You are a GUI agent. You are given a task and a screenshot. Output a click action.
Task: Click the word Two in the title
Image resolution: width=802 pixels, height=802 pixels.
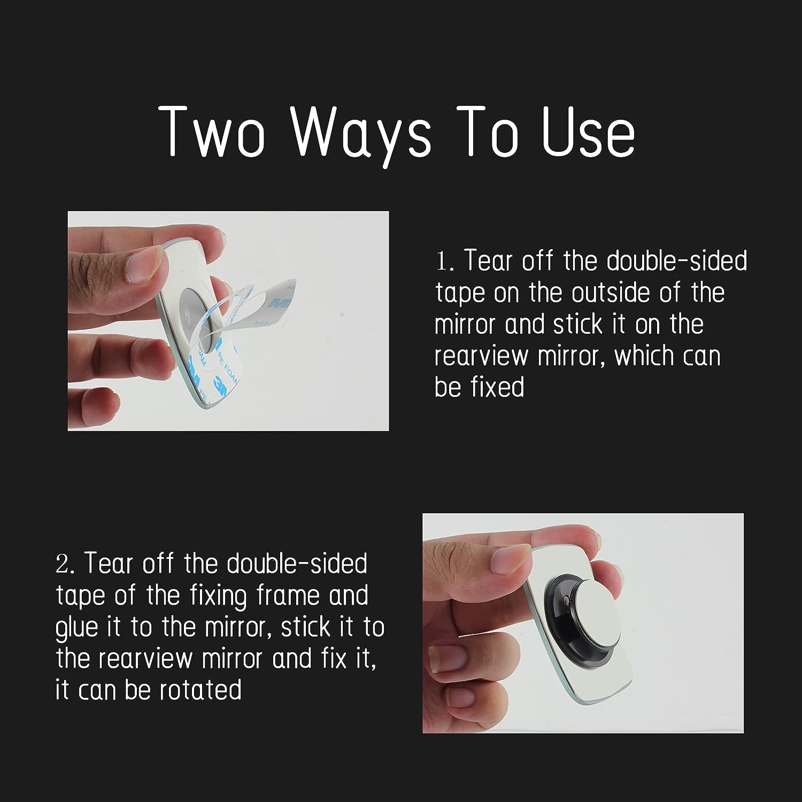pos(213,132)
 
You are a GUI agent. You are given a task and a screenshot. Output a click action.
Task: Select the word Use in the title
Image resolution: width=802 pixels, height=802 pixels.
pos(588,132)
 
